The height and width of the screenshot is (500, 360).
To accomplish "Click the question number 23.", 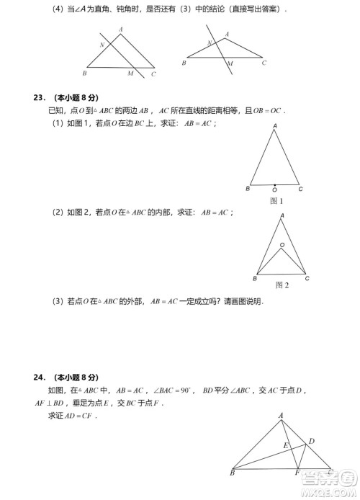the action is [x=38, y=97].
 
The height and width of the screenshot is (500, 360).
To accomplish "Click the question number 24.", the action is [x=38, y=377].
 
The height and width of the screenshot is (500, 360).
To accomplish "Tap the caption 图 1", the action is [x=275, y=201].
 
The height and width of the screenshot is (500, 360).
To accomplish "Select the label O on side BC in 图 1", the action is [x=274, y=190].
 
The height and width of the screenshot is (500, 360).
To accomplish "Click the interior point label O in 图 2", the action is [x=282, y=245].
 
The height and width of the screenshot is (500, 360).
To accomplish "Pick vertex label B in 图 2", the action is [x=254, y=278].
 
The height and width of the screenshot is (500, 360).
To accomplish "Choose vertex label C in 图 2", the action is [x=307, y=278].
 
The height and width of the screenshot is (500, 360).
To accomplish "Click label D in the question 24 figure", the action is [x=311, y=440].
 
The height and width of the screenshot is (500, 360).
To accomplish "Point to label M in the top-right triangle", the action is [x=229, y=63].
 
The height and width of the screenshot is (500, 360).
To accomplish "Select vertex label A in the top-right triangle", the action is [x=227, y=34].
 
